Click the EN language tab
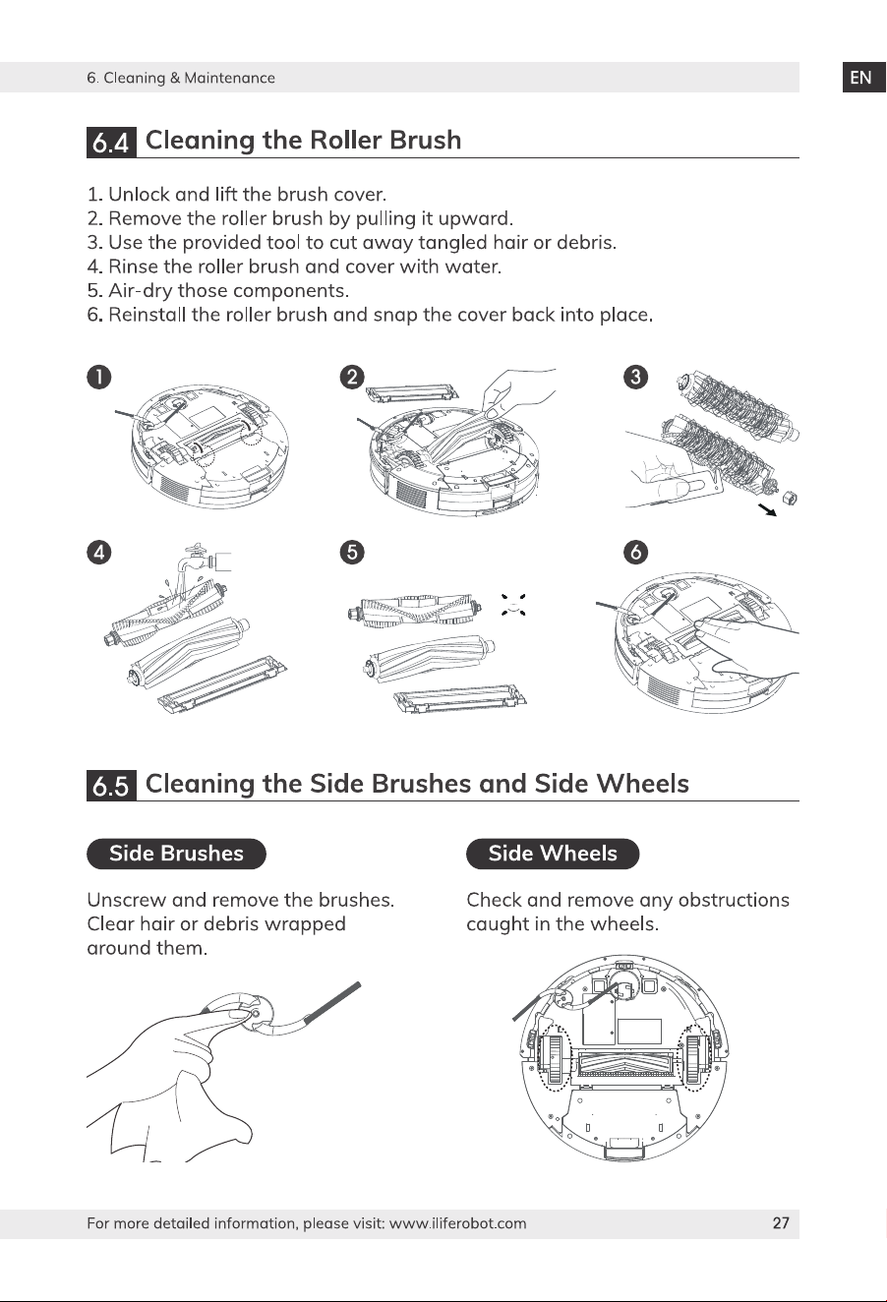(863, 78)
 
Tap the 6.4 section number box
(111, 142)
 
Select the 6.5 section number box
(111, 786)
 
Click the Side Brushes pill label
(176, 854)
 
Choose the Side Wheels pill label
(553, 854)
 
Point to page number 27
(781, 1223)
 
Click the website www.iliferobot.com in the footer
(457, 1223)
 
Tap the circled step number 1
(99, 378)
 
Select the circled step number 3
(636, 378)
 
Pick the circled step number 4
(99, 552)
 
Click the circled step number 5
(352, 552)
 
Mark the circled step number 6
(636, 552)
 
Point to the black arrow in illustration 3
(767, 509)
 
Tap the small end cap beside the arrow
(790, 498)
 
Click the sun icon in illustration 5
(513, 605)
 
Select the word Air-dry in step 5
(141, 291)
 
